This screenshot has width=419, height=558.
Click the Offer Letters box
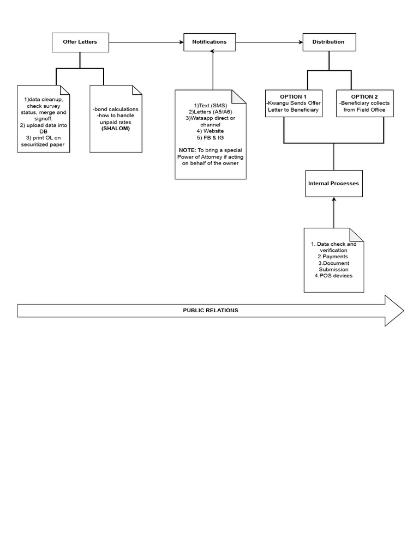80,43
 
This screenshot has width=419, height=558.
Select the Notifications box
209,42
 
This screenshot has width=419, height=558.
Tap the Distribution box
329,42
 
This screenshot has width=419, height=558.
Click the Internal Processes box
334,183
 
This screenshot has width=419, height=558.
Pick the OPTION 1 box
294,103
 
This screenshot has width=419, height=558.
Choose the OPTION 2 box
365,103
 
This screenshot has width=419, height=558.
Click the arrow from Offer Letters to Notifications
146,43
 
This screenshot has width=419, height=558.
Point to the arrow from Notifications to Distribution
270,43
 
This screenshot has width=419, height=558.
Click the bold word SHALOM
116,129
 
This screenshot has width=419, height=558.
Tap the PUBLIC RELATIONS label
211,310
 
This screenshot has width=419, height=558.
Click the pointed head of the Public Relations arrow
403,311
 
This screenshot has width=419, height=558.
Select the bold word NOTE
187,150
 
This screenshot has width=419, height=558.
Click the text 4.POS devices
333,276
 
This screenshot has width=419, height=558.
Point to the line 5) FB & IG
210,138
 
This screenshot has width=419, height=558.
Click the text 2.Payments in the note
333,257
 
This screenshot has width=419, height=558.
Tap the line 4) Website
210,131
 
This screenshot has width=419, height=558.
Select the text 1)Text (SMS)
210,106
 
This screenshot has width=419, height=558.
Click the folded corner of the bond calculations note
137,90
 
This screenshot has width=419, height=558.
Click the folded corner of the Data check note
357,235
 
